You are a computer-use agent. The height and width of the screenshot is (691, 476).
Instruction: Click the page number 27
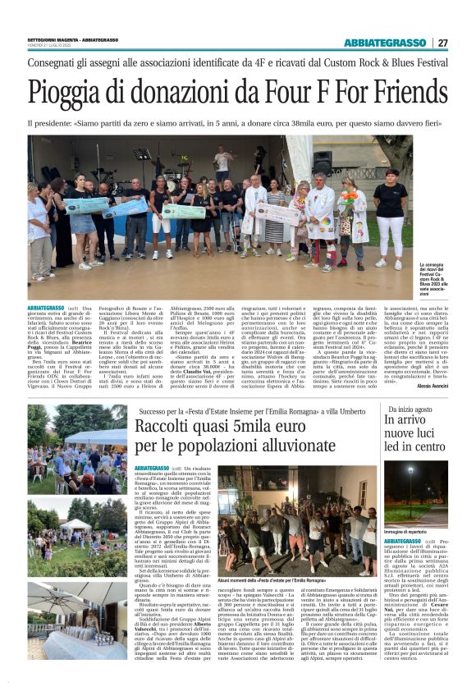[x=442, y=43]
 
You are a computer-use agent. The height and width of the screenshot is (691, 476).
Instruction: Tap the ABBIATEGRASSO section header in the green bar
[x=383, y=43]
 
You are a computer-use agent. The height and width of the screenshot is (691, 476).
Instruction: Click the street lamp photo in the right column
[x=415, y=493]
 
